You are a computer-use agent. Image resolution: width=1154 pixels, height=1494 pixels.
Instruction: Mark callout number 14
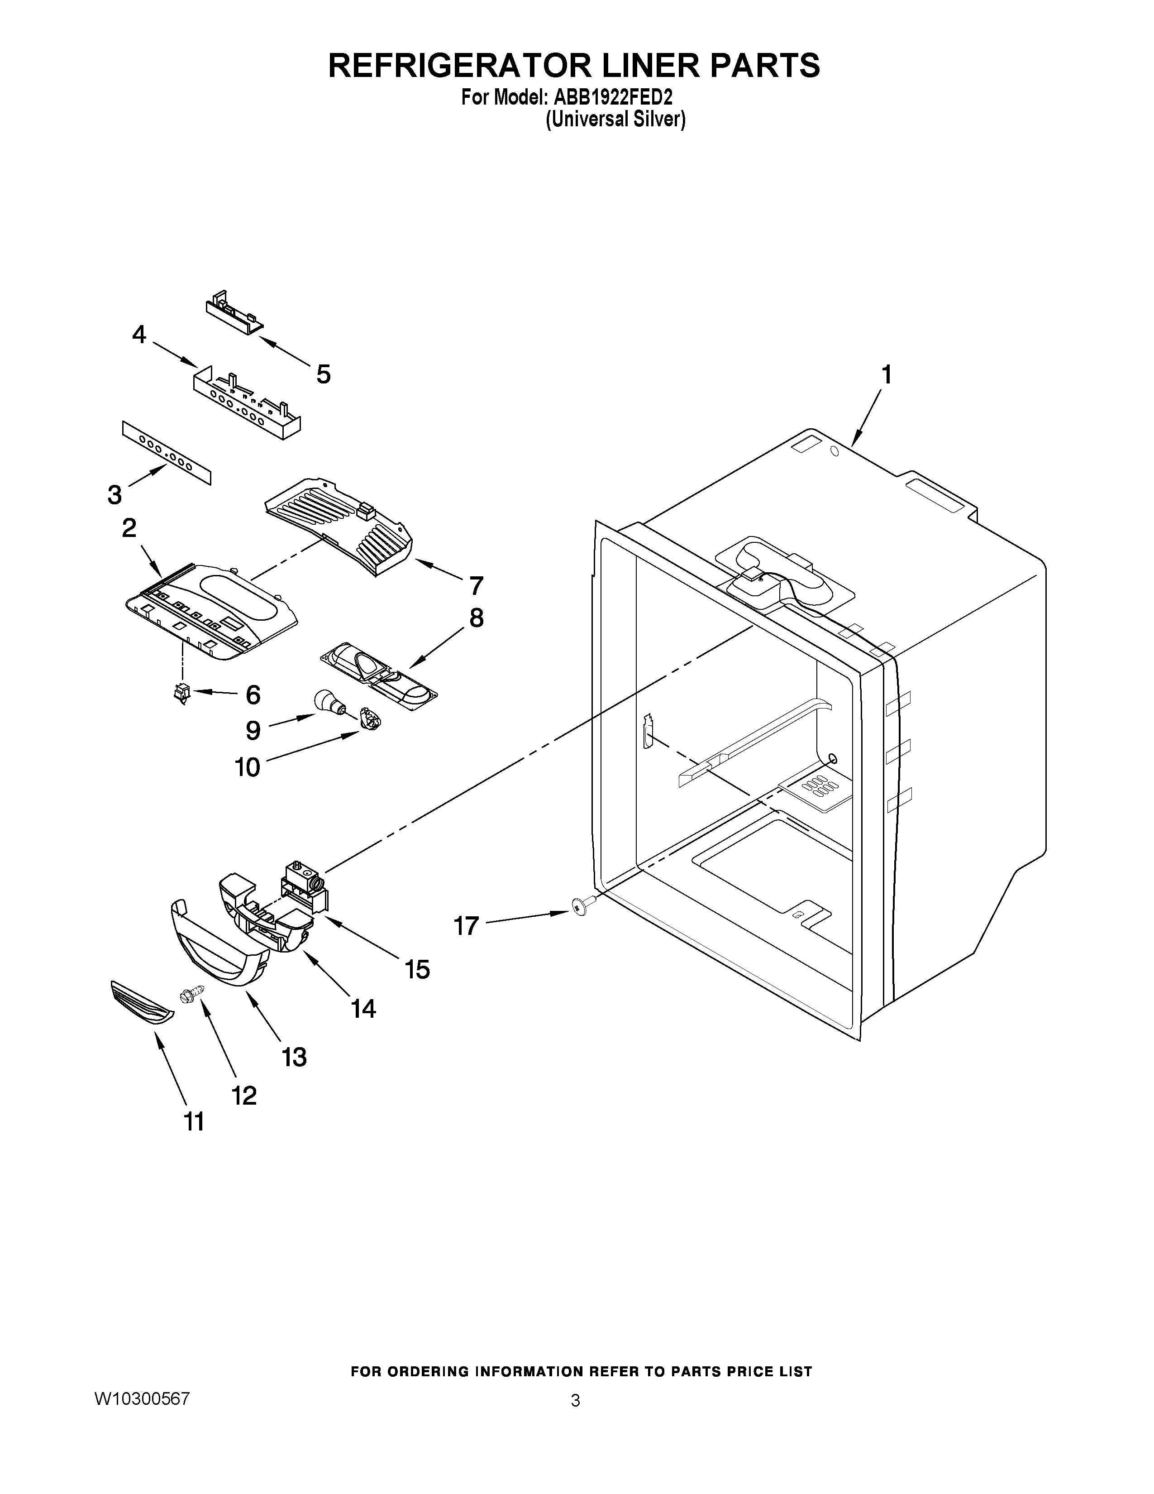tap(363, 1008)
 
